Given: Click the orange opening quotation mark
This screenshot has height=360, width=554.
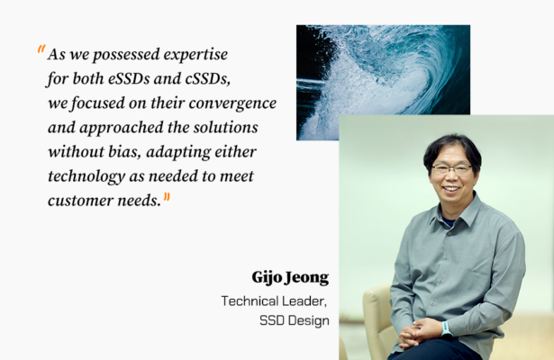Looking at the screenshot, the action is pyautogui.click(x=41, y=49).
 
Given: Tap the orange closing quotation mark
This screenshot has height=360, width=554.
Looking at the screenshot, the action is pyautogui.click(x=167, y=198).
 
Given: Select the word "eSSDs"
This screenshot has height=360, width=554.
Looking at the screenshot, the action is pyautogui.click(x=129, y=78).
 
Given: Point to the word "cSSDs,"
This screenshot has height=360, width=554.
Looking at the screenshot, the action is pyautogui.click(x=208, y=78).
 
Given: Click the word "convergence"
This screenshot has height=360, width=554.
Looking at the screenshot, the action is pyautogui.click(x=232, y=103).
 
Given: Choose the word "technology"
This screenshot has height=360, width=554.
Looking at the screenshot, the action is pyautogui.click(x=86, y=176).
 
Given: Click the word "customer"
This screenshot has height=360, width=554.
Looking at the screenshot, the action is pyautogui.click(x=80, y=201).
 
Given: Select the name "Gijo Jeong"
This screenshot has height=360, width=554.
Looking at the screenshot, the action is pyautogui.click(x=290, y=277).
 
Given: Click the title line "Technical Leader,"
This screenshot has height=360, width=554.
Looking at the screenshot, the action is pyautogui.click(x=274, y=301).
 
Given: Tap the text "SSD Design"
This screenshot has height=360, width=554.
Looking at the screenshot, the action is pyautogui.click(x=295, y=320).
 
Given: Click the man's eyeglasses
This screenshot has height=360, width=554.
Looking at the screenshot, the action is pyautogui.click(x=452, y=168).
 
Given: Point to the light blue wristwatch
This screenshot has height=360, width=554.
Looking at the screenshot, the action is pyautogui.click(x=446, y=328).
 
